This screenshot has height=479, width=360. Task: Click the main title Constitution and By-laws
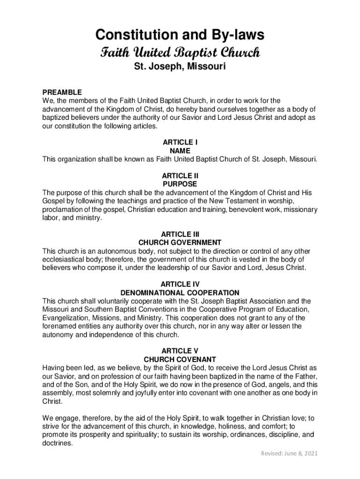[x=180, y=35]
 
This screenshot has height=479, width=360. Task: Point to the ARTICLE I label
[x=180, y=142]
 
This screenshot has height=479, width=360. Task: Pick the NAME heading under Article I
[x=180, y=151]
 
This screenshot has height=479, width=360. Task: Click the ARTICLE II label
[x=180, y=176]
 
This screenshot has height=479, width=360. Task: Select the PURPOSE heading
[x=180, y=184]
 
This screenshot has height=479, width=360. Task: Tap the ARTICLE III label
[x=180, y=234]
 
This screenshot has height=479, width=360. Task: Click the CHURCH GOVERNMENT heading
[x=180, y=243]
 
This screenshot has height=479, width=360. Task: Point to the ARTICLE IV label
[x=180, y=284]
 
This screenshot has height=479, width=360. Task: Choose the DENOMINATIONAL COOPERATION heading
[x=180, y=293]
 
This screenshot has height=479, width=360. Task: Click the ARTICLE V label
[x=180, y=351]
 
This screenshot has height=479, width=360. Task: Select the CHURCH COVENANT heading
[x=180, y=359]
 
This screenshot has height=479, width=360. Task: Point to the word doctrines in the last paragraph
[x=58, y=444]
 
